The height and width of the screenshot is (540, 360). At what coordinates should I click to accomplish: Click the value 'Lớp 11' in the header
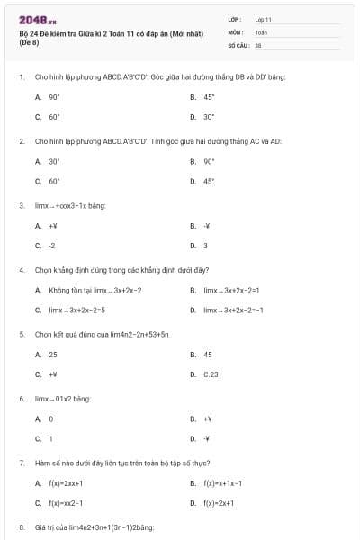pos(263,19)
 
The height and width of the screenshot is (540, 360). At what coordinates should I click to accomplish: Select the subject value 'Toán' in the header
pos(261,31)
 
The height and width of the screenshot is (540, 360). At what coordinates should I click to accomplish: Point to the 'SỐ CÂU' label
pos(238,44)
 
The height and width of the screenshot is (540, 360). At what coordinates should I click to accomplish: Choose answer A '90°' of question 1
pos(54,96)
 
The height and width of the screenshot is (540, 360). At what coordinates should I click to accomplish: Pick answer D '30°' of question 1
pos(209,117)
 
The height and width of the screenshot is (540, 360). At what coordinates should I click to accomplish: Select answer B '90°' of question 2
pos(209,161)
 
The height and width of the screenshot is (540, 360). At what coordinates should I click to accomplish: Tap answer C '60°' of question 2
pos(54,181)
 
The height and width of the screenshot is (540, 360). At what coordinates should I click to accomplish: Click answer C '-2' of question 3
pos(52,246)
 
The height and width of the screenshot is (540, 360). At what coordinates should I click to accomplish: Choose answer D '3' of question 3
pos(205,246)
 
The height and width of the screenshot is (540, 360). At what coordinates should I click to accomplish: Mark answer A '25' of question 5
pos(53,355)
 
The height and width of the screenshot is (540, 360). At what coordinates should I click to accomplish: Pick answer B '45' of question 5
pos(208,355)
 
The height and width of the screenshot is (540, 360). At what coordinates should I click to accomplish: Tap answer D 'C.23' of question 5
pos(211,374)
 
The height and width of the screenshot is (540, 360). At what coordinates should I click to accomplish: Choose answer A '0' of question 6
pos(51,418)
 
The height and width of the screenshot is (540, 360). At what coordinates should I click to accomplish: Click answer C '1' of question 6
pos(51,439)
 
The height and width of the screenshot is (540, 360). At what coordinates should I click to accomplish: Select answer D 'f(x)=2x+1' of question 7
pos(219,503)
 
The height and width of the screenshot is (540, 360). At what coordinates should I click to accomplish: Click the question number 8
pos(22,526)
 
